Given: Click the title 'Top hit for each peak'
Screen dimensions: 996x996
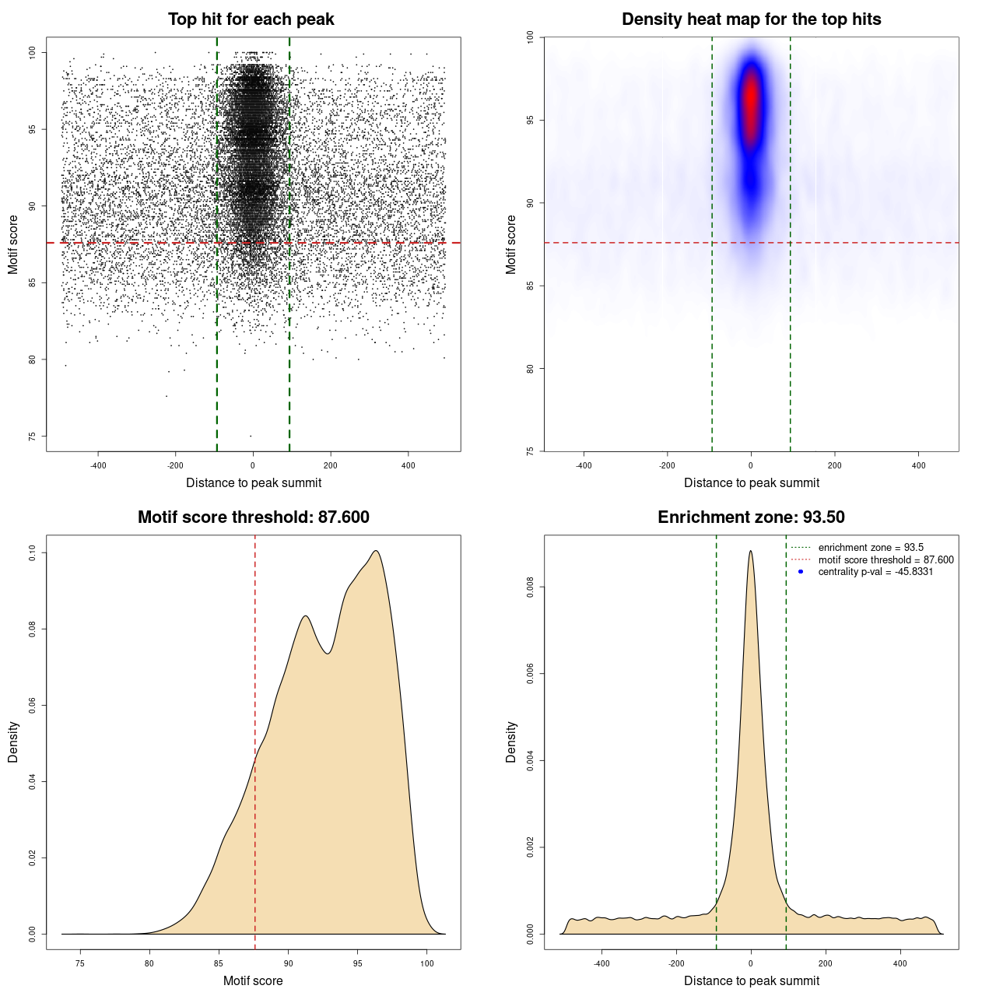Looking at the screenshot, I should coord(251,19).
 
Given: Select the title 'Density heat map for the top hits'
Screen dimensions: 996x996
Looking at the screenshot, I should coord(751,19).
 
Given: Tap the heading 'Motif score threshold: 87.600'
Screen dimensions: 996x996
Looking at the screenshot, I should coord(253,517).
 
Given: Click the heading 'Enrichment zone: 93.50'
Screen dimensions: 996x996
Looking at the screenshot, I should coord(751,517).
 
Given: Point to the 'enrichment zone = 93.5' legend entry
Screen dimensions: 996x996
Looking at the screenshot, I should coord(871,548).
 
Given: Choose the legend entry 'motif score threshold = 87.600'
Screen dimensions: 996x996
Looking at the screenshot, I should coord(886,560).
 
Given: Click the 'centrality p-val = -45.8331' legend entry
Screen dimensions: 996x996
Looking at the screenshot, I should coord(875,572).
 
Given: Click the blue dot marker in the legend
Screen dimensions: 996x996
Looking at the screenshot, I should coord(801,572).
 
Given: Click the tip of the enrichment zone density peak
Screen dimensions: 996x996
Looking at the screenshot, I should coord(750,551).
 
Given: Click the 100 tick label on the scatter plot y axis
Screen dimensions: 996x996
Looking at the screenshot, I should coord(33,52).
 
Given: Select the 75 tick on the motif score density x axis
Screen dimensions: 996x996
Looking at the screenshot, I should coord(80,963).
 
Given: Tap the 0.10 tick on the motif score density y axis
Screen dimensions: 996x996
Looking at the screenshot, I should coord(33,553).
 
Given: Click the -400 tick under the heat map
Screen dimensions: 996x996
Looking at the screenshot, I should coord(584,465).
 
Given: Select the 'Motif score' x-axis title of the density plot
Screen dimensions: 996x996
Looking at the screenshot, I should coord(253,980).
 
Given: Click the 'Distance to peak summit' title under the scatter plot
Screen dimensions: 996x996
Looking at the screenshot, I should coord(254,482).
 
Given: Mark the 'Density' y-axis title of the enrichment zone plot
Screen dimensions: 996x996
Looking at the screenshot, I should coord(511,742).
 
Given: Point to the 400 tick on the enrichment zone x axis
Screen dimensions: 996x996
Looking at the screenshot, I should coord(900,963).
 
